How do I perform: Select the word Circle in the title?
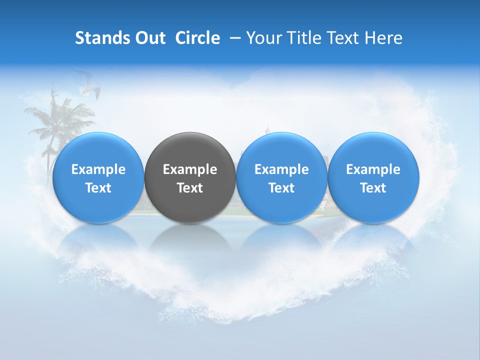pyautogui.click(x=197, y=38)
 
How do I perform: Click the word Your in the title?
pyautogui.click(x=262, y=38)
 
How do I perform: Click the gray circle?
pyautogui.click(x=190, y=177)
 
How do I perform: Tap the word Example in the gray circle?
pyautogui.click(x=190, y=169)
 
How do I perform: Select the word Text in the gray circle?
pyautogui.click(x=190, y=188)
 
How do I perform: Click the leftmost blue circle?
pyautogui.click(x=98, y=177)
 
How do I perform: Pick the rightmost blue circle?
pyautogui.click(x=373, y=177)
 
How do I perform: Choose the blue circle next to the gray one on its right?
pyautogui.click(x=281, y=177)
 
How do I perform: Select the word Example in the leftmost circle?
pyautogui.click(x=98, y=169)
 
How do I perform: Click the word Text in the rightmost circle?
pyautogui.click(x=373, y=188)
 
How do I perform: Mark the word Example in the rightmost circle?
pyautogui.click(x=373, y=169)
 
